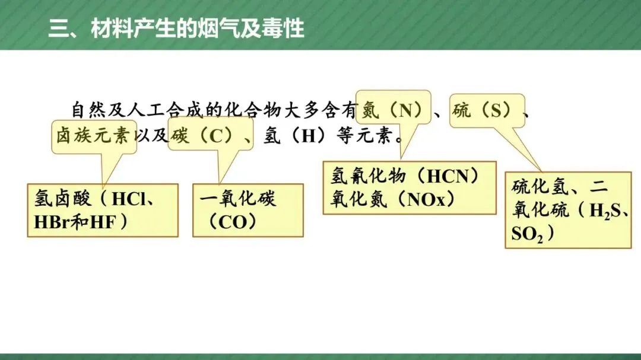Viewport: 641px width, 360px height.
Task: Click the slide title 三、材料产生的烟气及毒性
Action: click(176, 28)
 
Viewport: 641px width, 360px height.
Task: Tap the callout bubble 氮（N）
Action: click(394, 107)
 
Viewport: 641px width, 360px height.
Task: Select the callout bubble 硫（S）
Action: click(487, 111)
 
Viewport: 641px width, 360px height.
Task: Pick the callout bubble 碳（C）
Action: click(211, 134)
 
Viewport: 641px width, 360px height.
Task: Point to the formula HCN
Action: click(448, 177)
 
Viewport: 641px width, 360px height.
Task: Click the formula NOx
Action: click(426, 200)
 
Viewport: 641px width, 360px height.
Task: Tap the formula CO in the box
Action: click(233, 222)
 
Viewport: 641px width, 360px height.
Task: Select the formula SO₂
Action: click(527, 234)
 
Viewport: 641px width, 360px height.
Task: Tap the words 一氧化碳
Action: click(238, 199)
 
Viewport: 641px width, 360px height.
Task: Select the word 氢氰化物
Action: click(368, 176)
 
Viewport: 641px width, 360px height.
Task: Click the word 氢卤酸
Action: click(62, 199)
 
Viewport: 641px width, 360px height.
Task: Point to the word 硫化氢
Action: click(540, 187)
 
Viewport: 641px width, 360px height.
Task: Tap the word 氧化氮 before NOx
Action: click(358, 200)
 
